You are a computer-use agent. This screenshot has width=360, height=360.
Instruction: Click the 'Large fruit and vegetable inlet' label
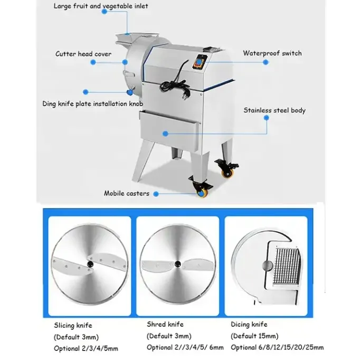click(x=101, y=6)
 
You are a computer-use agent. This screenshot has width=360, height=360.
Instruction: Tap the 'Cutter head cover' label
click(x=83, y=54)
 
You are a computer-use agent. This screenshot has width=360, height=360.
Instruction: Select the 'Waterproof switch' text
click(x=272, y=53)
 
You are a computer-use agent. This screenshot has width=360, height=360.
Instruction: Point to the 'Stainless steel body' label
click(x=274, y=110)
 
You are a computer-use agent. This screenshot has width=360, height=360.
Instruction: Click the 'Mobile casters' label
click(x=127, y=193)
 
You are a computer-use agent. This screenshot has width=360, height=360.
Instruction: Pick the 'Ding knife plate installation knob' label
click(x=92, y=104)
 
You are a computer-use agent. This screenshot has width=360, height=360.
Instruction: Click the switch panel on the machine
click(x=200, y=62)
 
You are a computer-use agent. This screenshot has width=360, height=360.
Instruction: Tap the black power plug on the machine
click(x=186, y=93)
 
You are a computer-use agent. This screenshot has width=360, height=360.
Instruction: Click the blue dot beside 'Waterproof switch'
click(x=266, y=62)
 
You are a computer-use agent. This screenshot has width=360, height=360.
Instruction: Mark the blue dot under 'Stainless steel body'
click(x=267, y=118)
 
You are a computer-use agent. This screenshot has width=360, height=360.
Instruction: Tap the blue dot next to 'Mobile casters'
click(x=156, y=194)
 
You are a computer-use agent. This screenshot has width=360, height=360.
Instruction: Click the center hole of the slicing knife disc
click(x=90, y=264)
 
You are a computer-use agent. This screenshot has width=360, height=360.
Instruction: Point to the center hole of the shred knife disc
click(x=177, y=264)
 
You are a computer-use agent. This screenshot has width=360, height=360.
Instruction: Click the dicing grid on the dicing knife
click(x=287, y=266)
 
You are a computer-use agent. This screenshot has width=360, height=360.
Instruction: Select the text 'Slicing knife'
click(x=73, y=325)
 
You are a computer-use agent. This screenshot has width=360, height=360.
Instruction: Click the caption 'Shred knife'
click(x=165, y=325)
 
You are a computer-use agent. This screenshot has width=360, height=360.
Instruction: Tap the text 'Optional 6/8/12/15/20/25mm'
click(x=277, y=347)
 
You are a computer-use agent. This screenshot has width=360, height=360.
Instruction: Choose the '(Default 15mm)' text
click(x=254, y=336)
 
